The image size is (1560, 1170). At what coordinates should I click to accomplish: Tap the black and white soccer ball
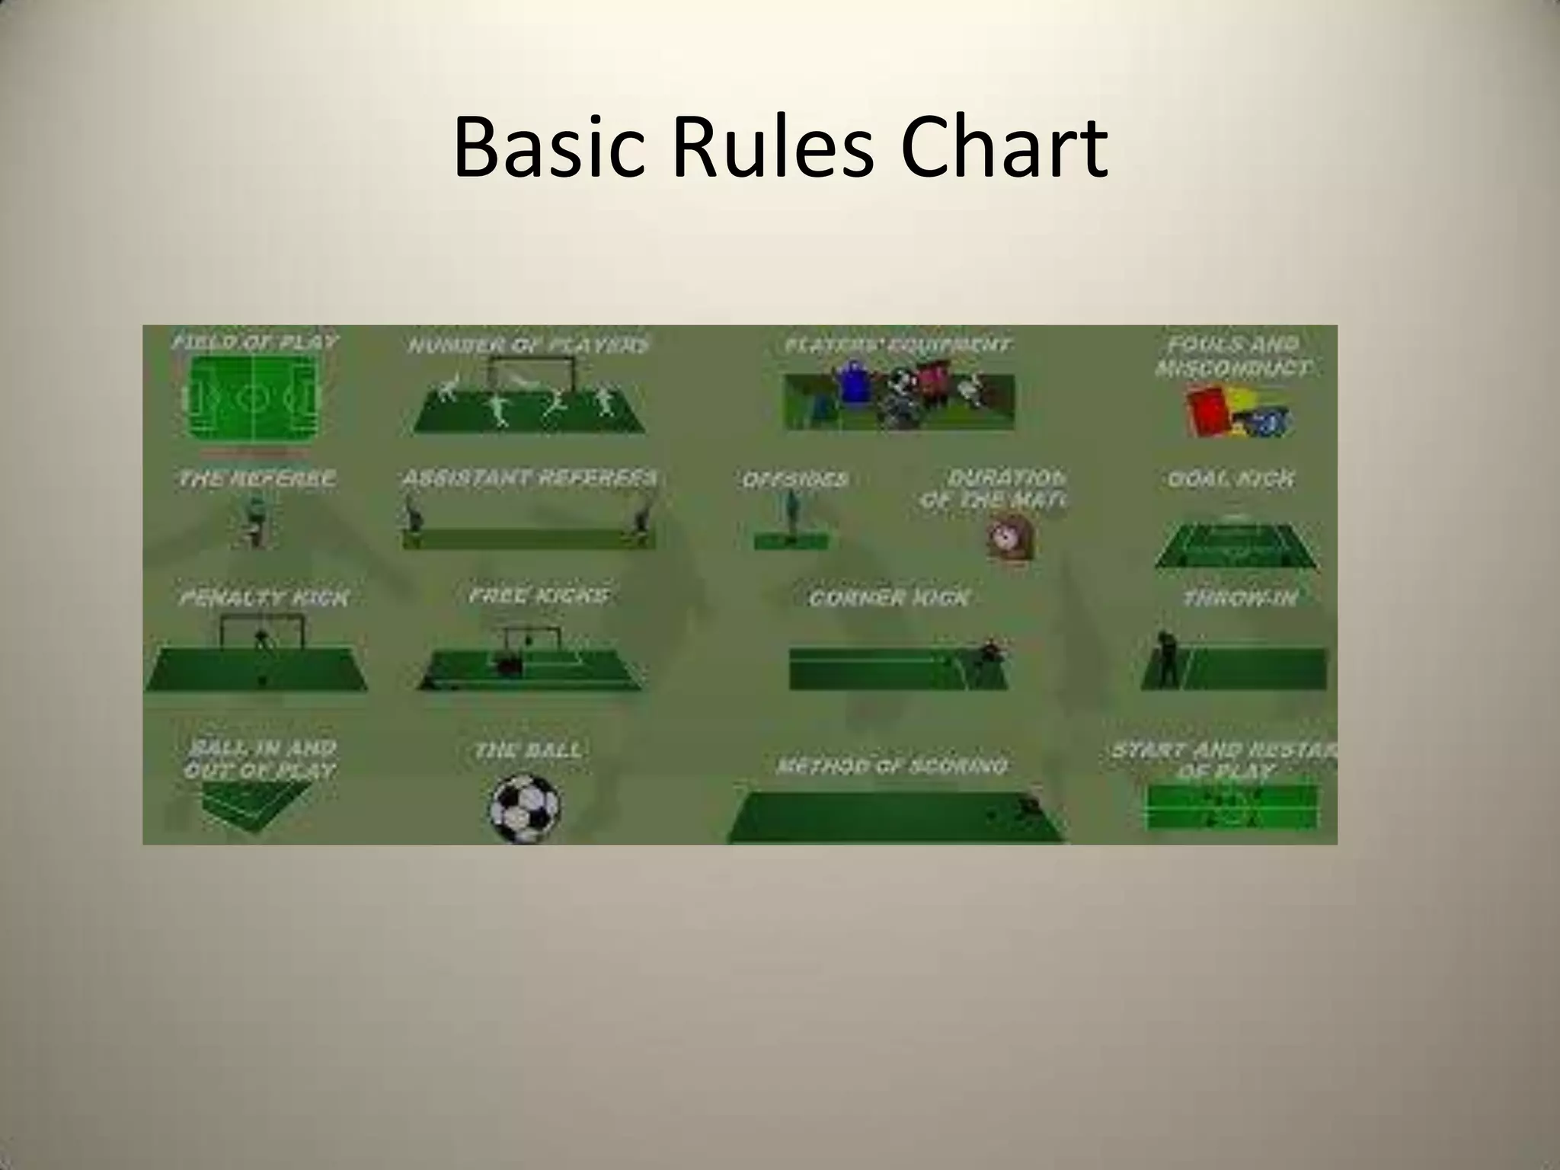pos(524,808)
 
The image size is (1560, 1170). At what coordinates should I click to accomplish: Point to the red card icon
pos(1207,412)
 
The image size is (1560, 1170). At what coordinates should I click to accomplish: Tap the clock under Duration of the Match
pos(1010,538)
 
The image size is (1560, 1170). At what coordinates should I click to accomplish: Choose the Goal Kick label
pos(1231,479)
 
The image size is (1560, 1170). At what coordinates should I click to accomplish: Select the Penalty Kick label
pos(264,598)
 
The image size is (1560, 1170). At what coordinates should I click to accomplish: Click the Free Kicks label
pos(539,595)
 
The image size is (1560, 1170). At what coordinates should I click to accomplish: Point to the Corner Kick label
pos(889,598)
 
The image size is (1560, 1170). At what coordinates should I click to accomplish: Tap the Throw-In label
pos(1240,599)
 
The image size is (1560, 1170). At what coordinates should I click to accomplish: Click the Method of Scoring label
pos(892,766)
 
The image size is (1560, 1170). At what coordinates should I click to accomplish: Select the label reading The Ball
pos(528,750)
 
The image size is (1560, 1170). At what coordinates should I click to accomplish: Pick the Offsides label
pos(794,480)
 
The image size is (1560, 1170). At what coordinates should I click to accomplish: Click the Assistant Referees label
pos(529,478)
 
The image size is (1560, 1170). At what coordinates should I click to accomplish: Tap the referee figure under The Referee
pos(256,523)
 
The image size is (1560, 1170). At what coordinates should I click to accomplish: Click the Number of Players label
pos(529,345)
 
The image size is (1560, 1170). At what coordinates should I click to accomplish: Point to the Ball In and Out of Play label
pos(260,759)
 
